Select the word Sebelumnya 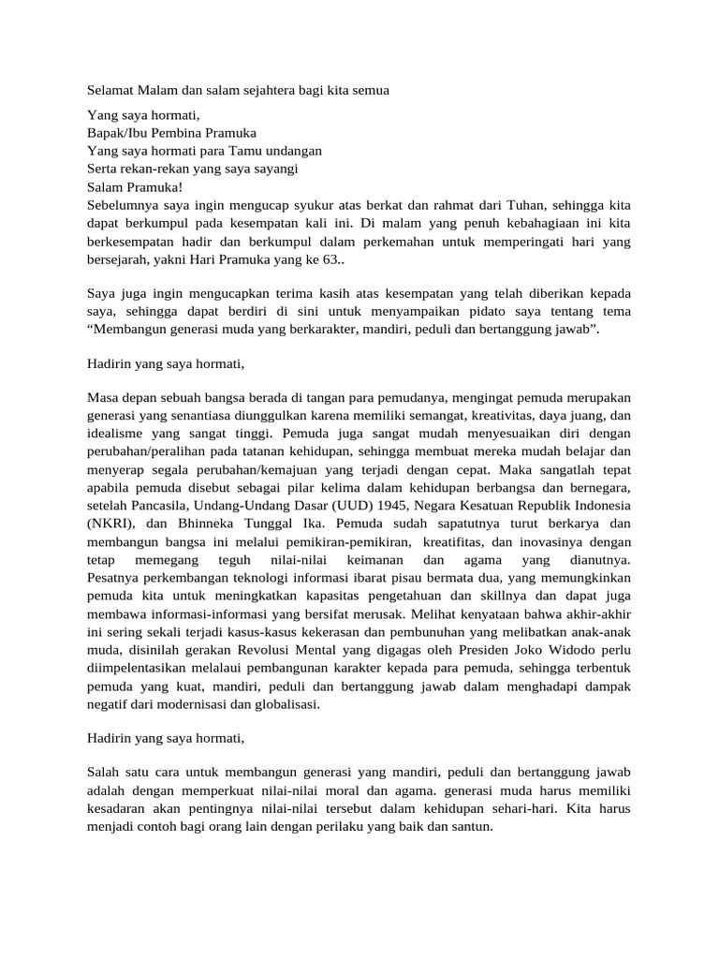pos(122,202)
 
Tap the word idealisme pos(114,434)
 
